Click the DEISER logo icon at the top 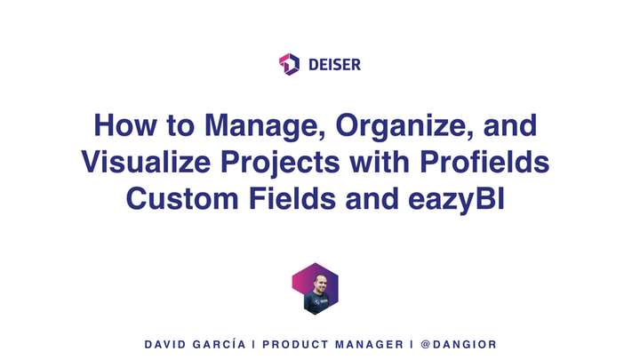(x=290, y=64)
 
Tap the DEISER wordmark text (x=335, y=65)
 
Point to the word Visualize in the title (x=146, y=162)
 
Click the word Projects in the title (x=280, y=163)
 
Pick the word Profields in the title (x=484, y=162)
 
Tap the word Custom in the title (x=182, y=199)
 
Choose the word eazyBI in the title (x=456, y=200)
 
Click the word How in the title (x=125, y=125)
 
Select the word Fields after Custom (x=292, y=199)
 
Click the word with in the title (x=380, y=162)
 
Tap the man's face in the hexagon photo (x=320, y=283)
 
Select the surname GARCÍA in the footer (x=220, y=344)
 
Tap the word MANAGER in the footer (x=370, y=345)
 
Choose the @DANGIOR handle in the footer (x=459, y=345)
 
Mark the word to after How (x=180, y=126)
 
